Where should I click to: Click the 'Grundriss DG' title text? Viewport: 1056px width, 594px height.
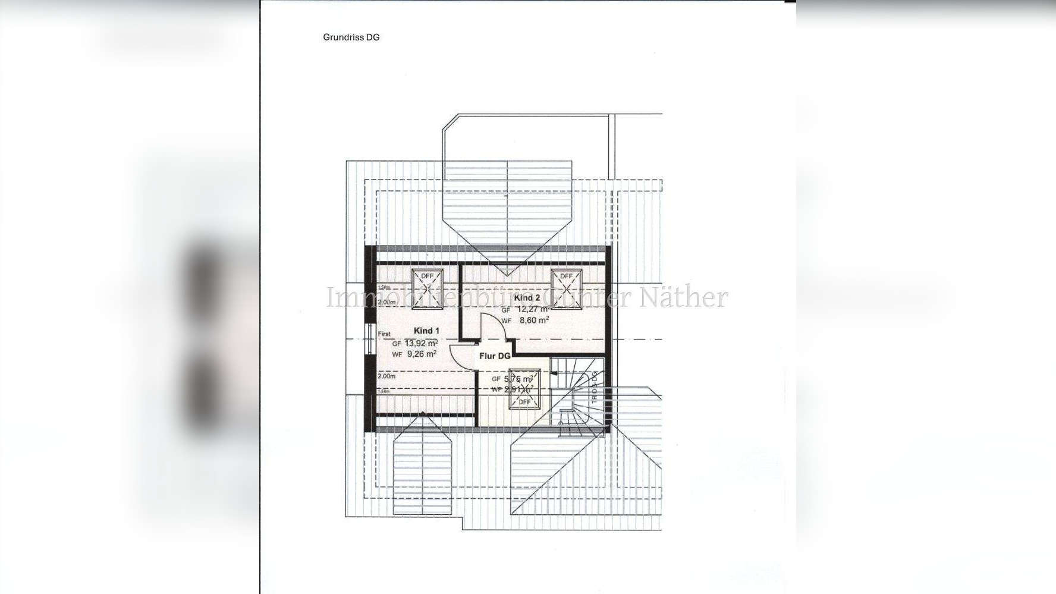coord(351,37)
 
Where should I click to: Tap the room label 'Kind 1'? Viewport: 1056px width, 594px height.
coord(426,331)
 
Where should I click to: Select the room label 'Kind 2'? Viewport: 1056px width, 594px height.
coord(527,298)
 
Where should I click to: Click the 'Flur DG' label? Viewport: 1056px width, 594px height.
coord(495,356)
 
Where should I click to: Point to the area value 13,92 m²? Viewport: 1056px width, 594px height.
coord(421,343)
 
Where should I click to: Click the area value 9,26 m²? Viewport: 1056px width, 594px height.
coord(422,354)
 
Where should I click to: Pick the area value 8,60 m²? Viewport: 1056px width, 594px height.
coord(534,320)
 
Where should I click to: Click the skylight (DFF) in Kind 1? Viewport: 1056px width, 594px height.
coord(427,289)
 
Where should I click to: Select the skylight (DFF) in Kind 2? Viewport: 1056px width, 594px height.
coord(566,289)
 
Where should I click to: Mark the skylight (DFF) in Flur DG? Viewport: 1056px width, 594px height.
coord(524,389)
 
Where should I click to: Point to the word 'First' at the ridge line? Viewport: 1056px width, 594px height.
coord(384,334)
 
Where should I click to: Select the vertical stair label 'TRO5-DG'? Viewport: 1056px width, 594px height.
coord(594,388)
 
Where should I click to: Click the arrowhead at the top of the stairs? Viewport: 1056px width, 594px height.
coord(555,373)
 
